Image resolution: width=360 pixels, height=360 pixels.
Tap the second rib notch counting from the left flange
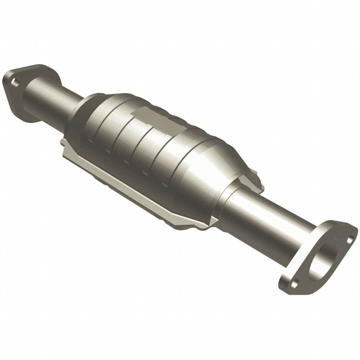click(x=107, y=151)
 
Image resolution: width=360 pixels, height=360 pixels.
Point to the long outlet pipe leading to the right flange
click(x=267, y=225)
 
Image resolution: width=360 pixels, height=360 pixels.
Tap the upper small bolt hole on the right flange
click(x=350, y=240)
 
